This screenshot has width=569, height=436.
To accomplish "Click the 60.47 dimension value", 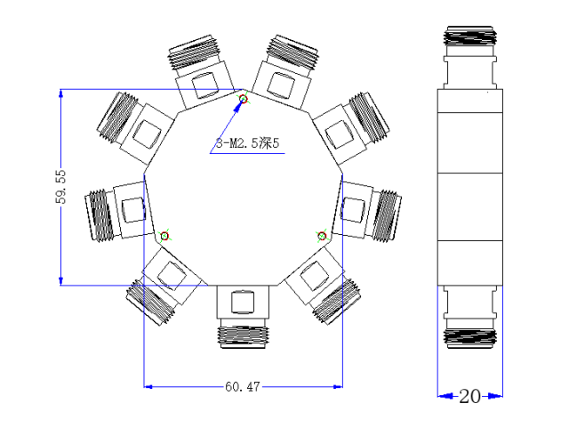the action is [243, 386].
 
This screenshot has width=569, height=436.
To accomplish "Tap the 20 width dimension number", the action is [470, 396].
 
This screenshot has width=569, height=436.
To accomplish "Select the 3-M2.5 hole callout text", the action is [248, 143].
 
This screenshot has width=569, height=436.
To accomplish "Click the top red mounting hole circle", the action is [244, 99].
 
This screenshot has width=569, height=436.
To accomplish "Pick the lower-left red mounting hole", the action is [164, 236].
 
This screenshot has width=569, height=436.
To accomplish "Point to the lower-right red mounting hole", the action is [322, 236].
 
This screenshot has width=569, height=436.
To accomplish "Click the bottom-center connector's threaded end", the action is [243, 337].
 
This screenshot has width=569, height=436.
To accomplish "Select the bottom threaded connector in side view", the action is [470, 339].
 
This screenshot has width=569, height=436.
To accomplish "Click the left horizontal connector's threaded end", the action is [100, 215].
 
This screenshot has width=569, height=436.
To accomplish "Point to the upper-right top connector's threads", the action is [293, 53].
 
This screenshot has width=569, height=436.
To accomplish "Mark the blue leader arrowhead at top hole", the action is [238, 105].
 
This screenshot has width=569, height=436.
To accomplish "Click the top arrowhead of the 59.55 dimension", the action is [61, 93].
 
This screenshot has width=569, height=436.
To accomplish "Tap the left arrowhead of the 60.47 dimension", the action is [148, 386].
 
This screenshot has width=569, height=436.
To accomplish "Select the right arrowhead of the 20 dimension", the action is [495, 396].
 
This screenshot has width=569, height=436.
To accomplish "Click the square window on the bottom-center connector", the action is [243, 302].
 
